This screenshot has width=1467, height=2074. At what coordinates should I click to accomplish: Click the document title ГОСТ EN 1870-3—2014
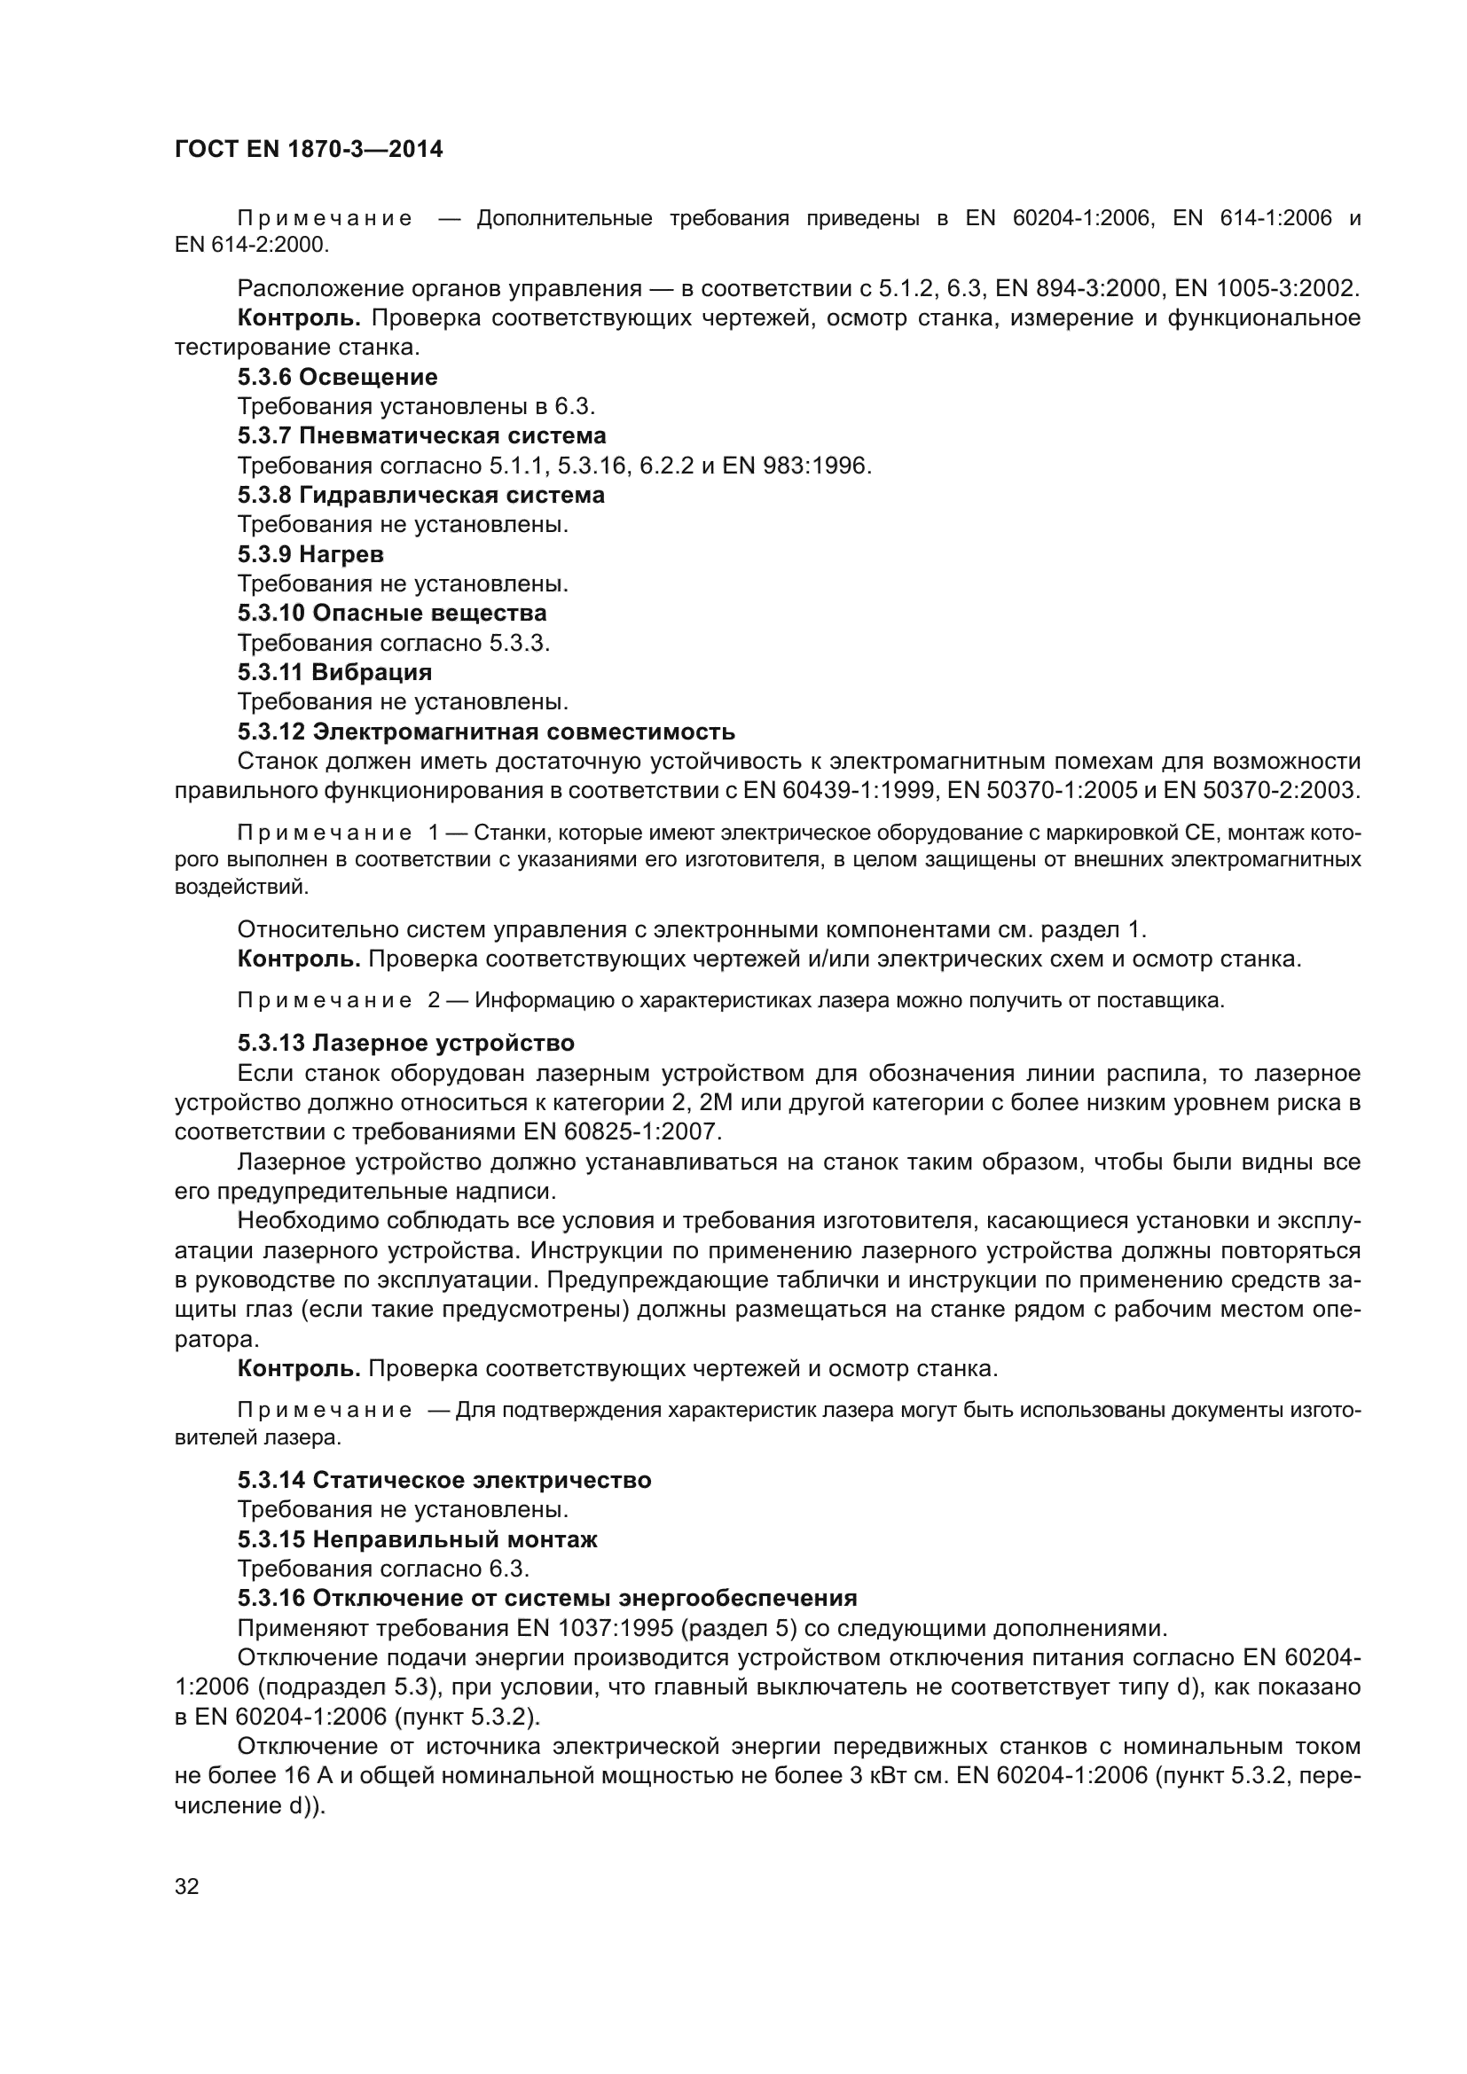click(x=308, y=149)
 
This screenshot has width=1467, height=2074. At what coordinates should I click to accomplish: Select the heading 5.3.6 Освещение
click(x=337, y=377)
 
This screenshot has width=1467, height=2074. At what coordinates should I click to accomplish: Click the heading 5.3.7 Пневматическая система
click(x=422, y=435)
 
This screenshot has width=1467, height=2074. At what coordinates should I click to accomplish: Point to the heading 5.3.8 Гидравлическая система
click(x=421, y=495)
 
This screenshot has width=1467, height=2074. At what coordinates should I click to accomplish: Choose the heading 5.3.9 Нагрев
click(x=310, y=553)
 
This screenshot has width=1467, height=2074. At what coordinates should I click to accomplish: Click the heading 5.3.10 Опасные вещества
click(x=392, y=613)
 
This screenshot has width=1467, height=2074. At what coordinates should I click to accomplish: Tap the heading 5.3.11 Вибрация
click(x=334, y=672)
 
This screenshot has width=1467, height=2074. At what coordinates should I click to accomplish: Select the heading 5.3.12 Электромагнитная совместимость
click(x=486, y=731)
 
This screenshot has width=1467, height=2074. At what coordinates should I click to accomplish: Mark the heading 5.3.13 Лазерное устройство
click(x=405, y=1044)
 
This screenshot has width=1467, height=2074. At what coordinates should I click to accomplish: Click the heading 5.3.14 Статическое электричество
click(x=444, y=1481)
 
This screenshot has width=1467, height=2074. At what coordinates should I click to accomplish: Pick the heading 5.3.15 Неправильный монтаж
click(x=418, y=1539)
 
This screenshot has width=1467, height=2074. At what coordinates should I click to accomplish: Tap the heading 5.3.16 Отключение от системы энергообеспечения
click(x=546, y=1598)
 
